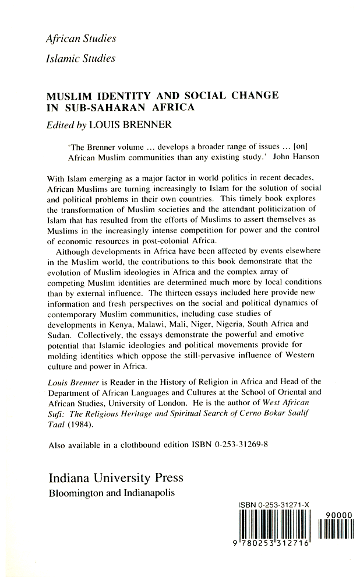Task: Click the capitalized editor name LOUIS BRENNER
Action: coord(136,124)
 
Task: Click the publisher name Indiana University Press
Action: coord(115,477)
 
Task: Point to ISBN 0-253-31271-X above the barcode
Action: coord(273,506)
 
